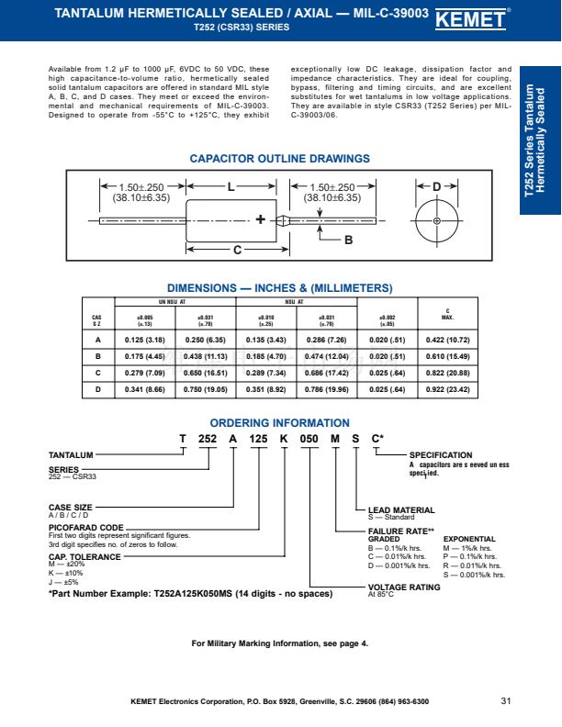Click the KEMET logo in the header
[502, 19]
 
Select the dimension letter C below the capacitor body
[236, 250]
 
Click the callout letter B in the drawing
[348, 240]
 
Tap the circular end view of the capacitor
[437, 221]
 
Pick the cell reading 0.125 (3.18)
[144, 340]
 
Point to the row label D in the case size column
[97, 389]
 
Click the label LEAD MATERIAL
[401, 509]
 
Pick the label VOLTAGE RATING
[404, 587]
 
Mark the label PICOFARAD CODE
[85, 528]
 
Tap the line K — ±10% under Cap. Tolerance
[66, 573]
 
